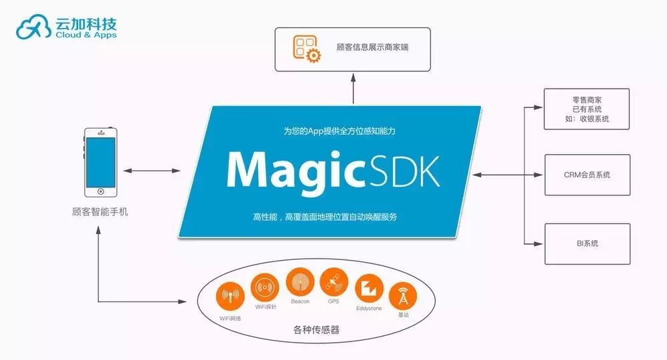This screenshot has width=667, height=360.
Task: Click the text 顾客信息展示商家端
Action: tap(374, 48)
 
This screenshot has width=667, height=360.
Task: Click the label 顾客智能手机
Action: tap(100, 213)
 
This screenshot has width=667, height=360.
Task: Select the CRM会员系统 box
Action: tap(586, 175)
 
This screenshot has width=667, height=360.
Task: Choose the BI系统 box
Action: tap(586, 244)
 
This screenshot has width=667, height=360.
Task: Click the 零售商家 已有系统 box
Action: tap(586, 109)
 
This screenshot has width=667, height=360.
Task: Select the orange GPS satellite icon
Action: tap(333, 282)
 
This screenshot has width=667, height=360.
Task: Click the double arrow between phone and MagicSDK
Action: tap(152, 172)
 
